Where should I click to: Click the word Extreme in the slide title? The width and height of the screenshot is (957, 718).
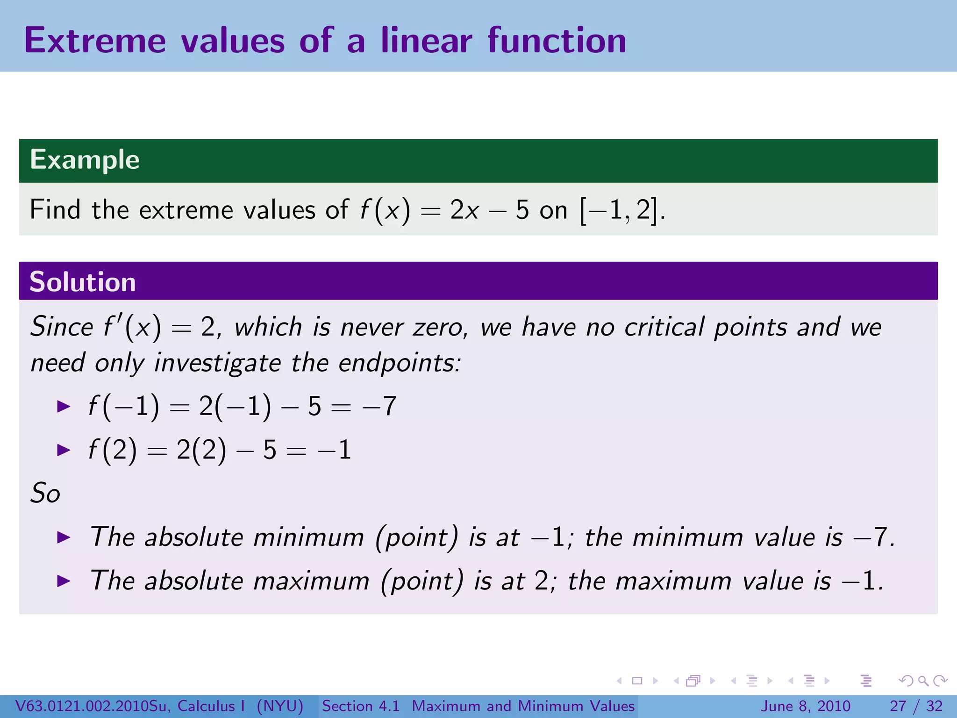95,41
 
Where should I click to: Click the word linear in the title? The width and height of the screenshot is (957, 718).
426,41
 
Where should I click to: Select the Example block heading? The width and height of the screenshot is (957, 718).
85,160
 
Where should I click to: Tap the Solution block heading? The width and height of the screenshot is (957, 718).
83,282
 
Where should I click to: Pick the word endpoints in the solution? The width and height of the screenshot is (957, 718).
400,363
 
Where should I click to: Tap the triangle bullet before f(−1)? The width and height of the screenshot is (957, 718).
63,406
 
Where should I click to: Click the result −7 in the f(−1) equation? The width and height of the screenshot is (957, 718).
379,406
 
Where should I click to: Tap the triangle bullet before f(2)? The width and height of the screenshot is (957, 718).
63,450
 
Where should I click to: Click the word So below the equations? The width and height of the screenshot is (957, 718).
45,493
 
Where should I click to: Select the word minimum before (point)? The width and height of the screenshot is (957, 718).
308,537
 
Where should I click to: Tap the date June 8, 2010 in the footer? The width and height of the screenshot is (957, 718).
806,706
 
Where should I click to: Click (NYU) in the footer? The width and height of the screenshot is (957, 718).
280,706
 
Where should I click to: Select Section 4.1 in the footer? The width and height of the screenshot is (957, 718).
361,706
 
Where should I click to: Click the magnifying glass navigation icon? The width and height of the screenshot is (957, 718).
923,681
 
